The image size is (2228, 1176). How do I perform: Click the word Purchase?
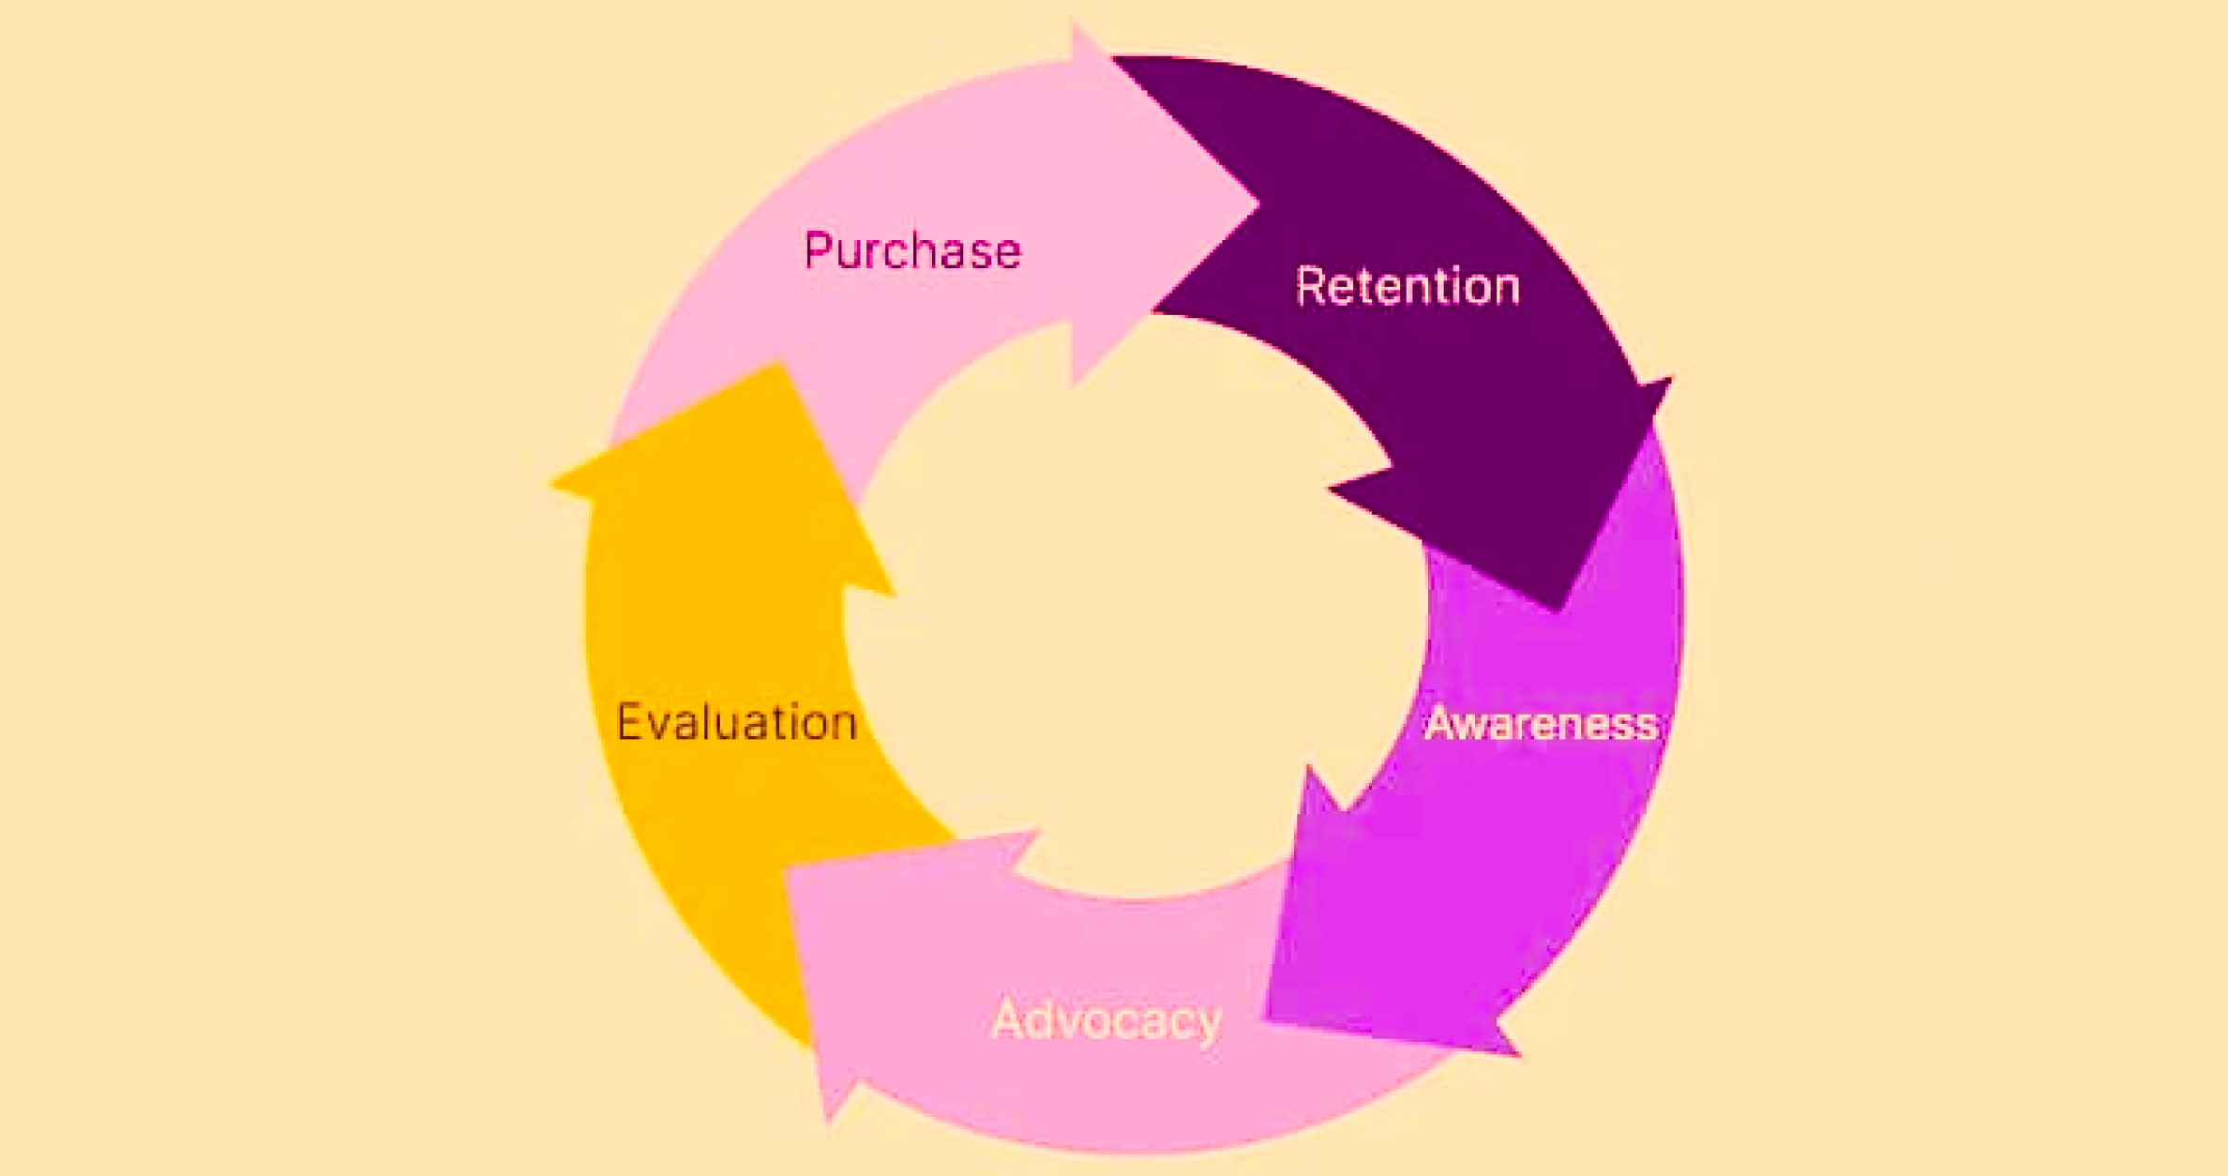(912, 251)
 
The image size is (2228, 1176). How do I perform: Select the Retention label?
(1408, 286)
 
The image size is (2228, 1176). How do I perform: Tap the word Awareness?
(1542, 723)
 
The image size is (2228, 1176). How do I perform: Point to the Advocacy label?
(1106, 1020)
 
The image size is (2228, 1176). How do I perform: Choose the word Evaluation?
(737, 722)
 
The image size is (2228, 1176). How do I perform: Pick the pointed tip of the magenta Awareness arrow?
(1268, 1017)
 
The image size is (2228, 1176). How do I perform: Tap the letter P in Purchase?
(819, 250)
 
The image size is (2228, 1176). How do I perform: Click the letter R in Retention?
(1310, 285)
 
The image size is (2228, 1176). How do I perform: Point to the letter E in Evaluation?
(630, 721)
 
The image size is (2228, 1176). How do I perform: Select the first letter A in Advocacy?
(1008, 1018)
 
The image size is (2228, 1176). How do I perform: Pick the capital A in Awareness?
(1442, 723)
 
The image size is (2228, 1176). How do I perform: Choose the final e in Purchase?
(1007, 255)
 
